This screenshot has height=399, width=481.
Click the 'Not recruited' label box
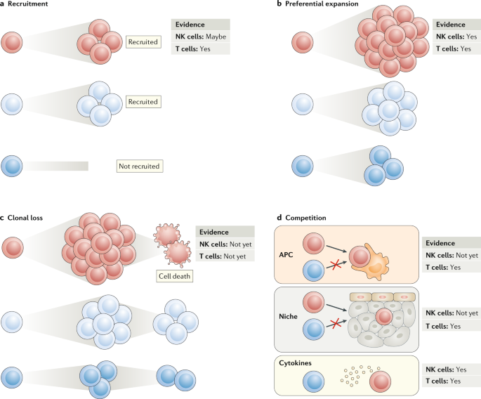tap(139, 166)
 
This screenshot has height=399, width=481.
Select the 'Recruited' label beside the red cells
tap(143, 43)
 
